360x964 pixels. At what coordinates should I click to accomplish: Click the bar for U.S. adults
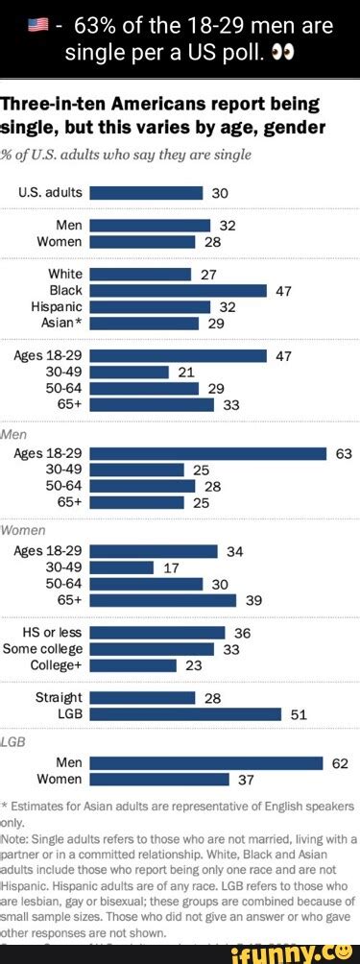[x=146, y=192]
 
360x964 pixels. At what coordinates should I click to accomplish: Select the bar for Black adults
[x=178, y=290]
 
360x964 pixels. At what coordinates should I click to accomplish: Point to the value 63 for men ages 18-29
[x=344, y=453]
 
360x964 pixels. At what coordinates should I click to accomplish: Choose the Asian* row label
[x=62, y=323]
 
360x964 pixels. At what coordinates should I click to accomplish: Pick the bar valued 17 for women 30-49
[x=121, y=567]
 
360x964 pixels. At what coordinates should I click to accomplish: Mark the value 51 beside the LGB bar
[x=298, y=713]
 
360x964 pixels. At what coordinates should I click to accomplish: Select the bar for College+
[x=133, y=665]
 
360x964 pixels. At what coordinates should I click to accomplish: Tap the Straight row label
[x=59, y=697]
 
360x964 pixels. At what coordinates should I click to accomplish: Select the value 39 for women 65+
[x=253, y=600]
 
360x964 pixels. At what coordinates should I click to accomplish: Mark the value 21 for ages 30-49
[x=186, y=372]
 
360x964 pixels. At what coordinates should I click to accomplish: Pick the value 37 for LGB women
[x=246, y=779]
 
